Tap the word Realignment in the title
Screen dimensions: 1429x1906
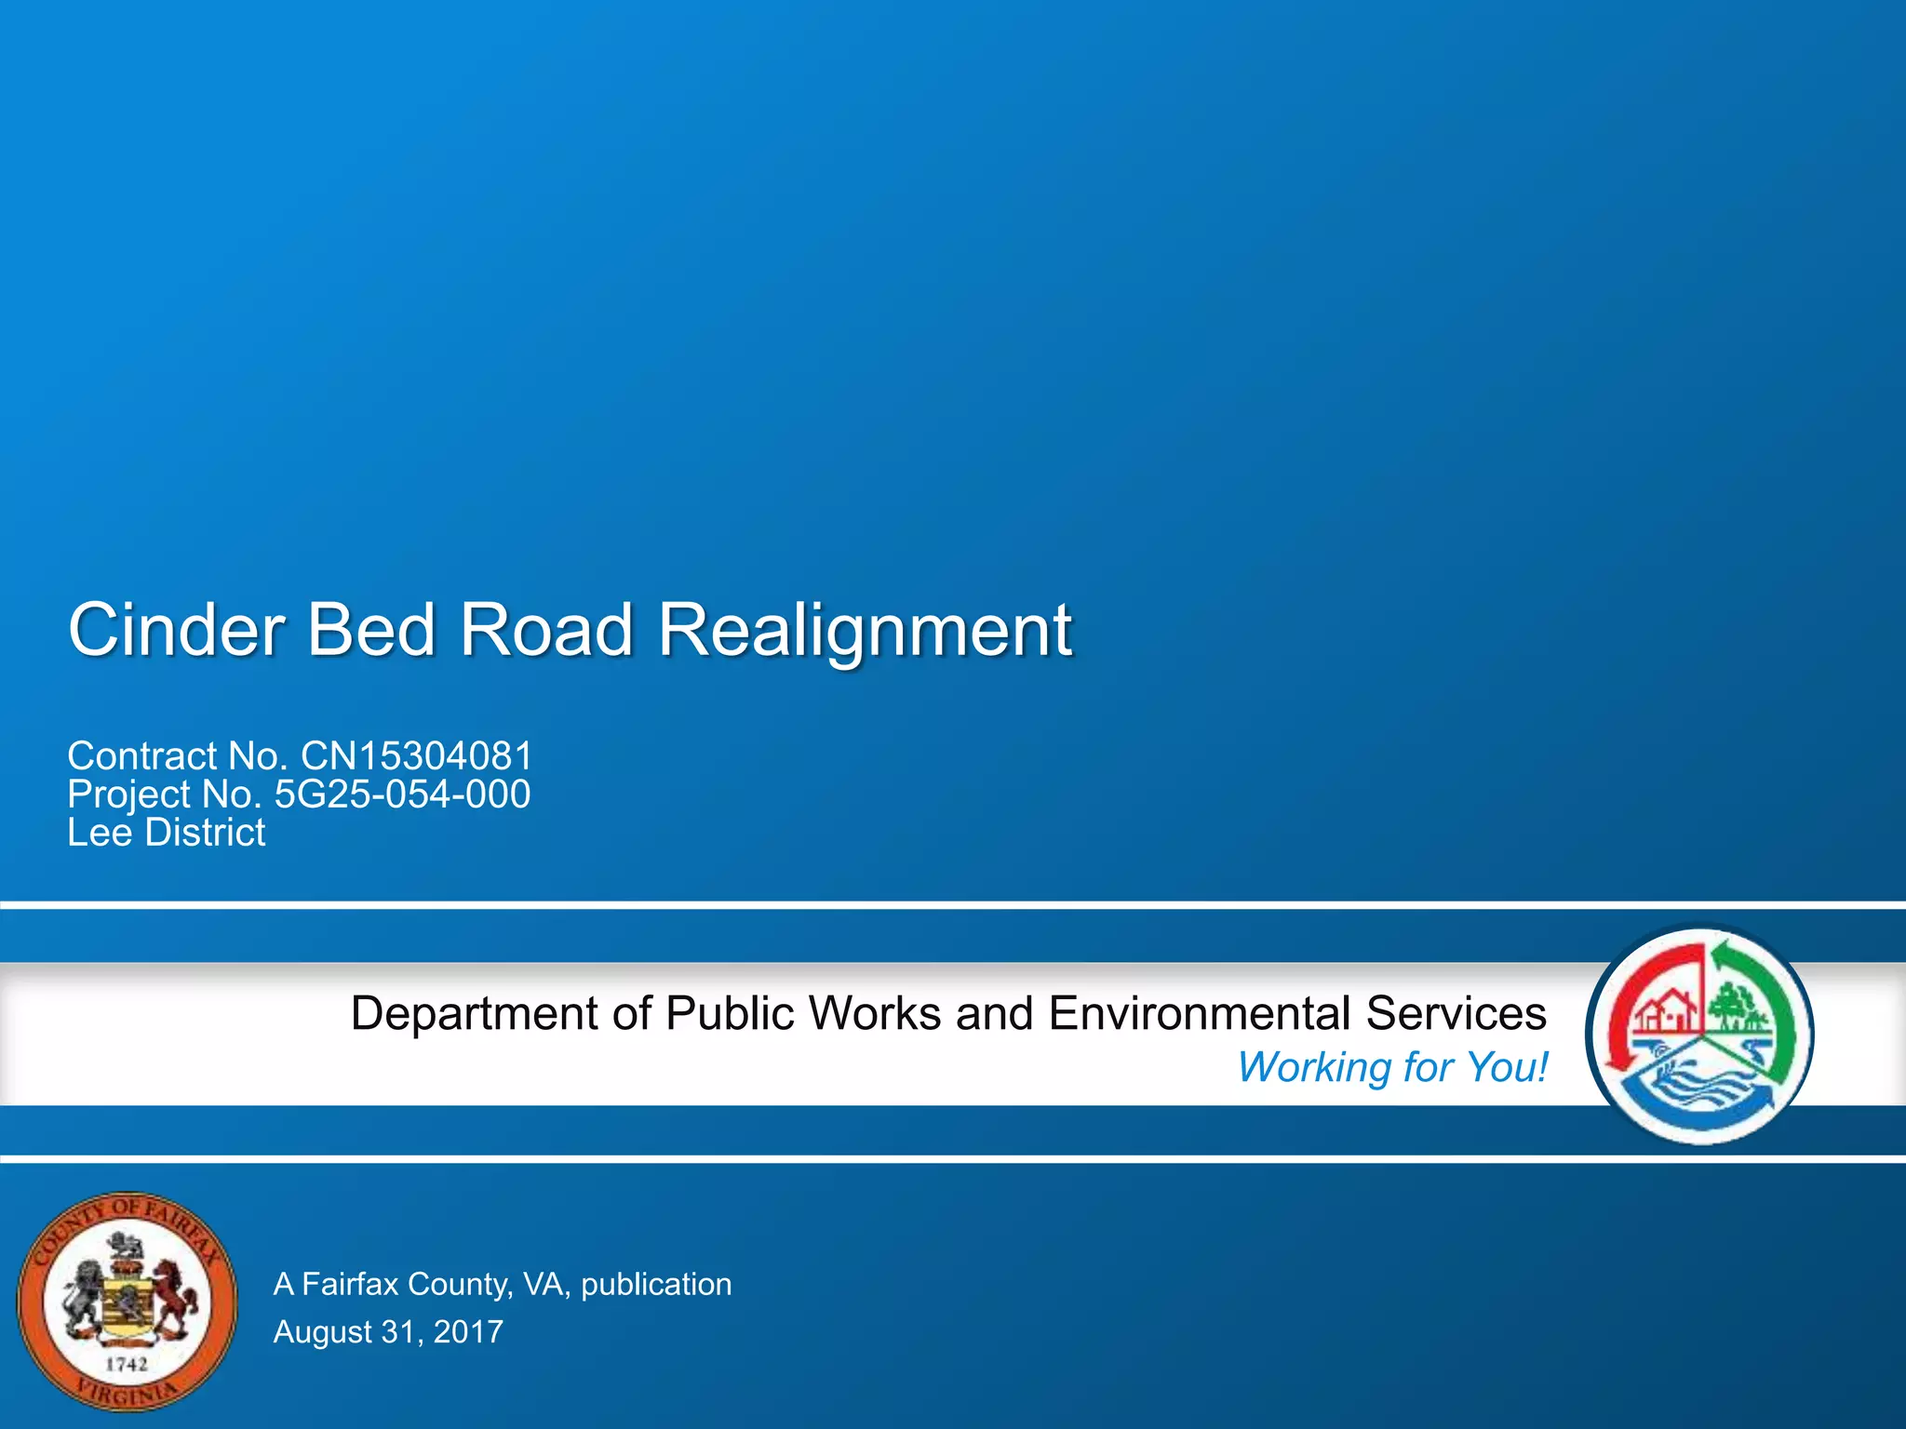tap(865, 630)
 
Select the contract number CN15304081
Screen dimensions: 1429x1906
tap(416, 755)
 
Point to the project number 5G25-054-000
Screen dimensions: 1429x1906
tap(402, 794)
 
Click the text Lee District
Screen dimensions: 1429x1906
tap(166, 832)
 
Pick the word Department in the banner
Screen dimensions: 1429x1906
tap(474, 1013)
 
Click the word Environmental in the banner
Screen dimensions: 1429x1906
tap(1199, 1013)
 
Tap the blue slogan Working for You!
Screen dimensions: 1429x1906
tap(1392, 1066)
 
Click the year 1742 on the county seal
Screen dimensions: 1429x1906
tap(126, 1364)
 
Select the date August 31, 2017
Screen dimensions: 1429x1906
tap(388, 1331)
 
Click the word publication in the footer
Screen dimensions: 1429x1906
tap(656, 1284)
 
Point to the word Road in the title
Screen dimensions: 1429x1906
tap(546, 630)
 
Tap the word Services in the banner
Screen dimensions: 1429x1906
tap(1456, 1013)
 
